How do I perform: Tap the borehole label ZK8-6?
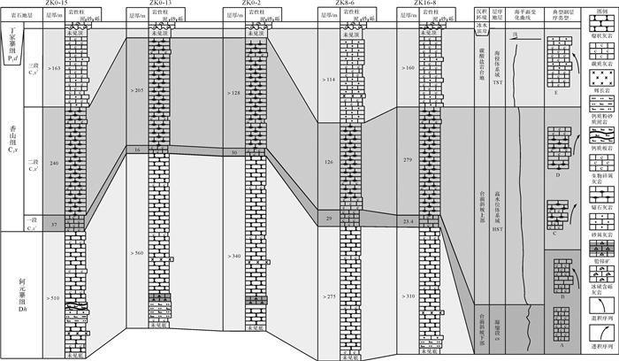pyautogui.click(x=344, y=4)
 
